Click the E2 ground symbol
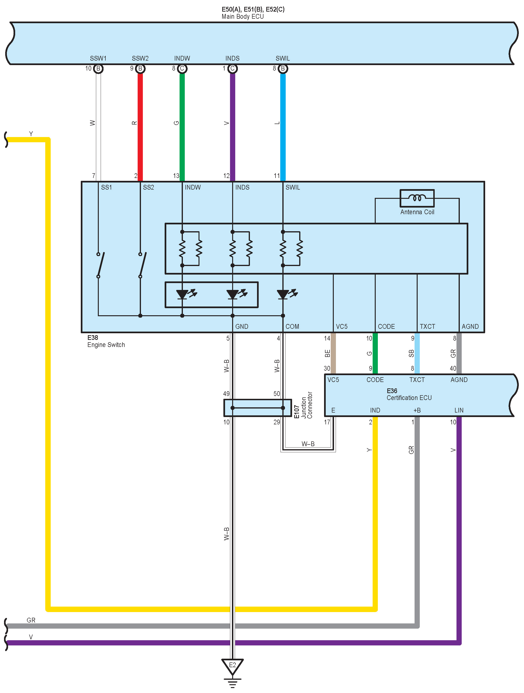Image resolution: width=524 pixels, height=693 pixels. point(232,667)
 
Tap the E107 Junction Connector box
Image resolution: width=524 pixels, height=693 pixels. point(257,408)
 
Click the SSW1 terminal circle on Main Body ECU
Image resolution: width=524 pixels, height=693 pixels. point(98,69)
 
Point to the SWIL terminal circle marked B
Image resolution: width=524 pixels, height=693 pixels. point(283,69)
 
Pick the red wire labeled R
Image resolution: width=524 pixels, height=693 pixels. point(140,125)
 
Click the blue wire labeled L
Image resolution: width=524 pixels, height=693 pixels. point(283,125)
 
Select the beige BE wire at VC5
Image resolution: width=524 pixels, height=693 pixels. point(333,353)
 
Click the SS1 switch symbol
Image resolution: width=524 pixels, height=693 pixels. point(100,265)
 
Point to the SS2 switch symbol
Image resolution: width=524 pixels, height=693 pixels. point(142,265)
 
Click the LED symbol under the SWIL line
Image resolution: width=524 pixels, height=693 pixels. point(283,294)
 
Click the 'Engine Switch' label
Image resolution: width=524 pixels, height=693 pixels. point(106,345)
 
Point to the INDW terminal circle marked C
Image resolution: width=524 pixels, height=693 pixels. point(182,69)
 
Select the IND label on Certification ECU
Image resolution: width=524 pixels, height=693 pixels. point(375,410)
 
